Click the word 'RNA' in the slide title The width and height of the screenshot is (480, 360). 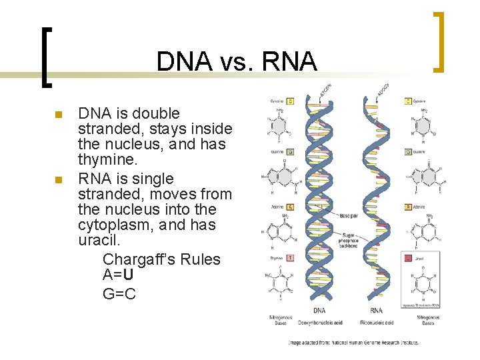(x=288, y=61)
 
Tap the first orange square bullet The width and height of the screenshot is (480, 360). (x=59, y=115)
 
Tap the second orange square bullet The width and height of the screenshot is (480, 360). (x=59, y=180)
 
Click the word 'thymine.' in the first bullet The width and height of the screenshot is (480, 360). (x=107, y=161)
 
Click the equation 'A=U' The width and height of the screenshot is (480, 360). (x=119, y=275)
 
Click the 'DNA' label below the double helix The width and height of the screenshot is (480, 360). (x=319, y=310)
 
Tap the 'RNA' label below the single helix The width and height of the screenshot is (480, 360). (x=376, y=310)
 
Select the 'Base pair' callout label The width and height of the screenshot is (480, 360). (x=349, y=215)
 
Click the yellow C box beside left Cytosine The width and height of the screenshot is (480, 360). (x=291, y=101)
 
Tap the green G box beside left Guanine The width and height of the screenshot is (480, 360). (x=291, y=152)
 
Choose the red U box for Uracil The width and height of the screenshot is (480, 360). (x=408, y=257)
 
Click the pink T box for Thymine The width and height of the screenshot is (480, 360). (x=291, y=257)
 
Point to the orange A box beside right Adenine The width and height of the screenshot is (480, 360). (x=408, y=207)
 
